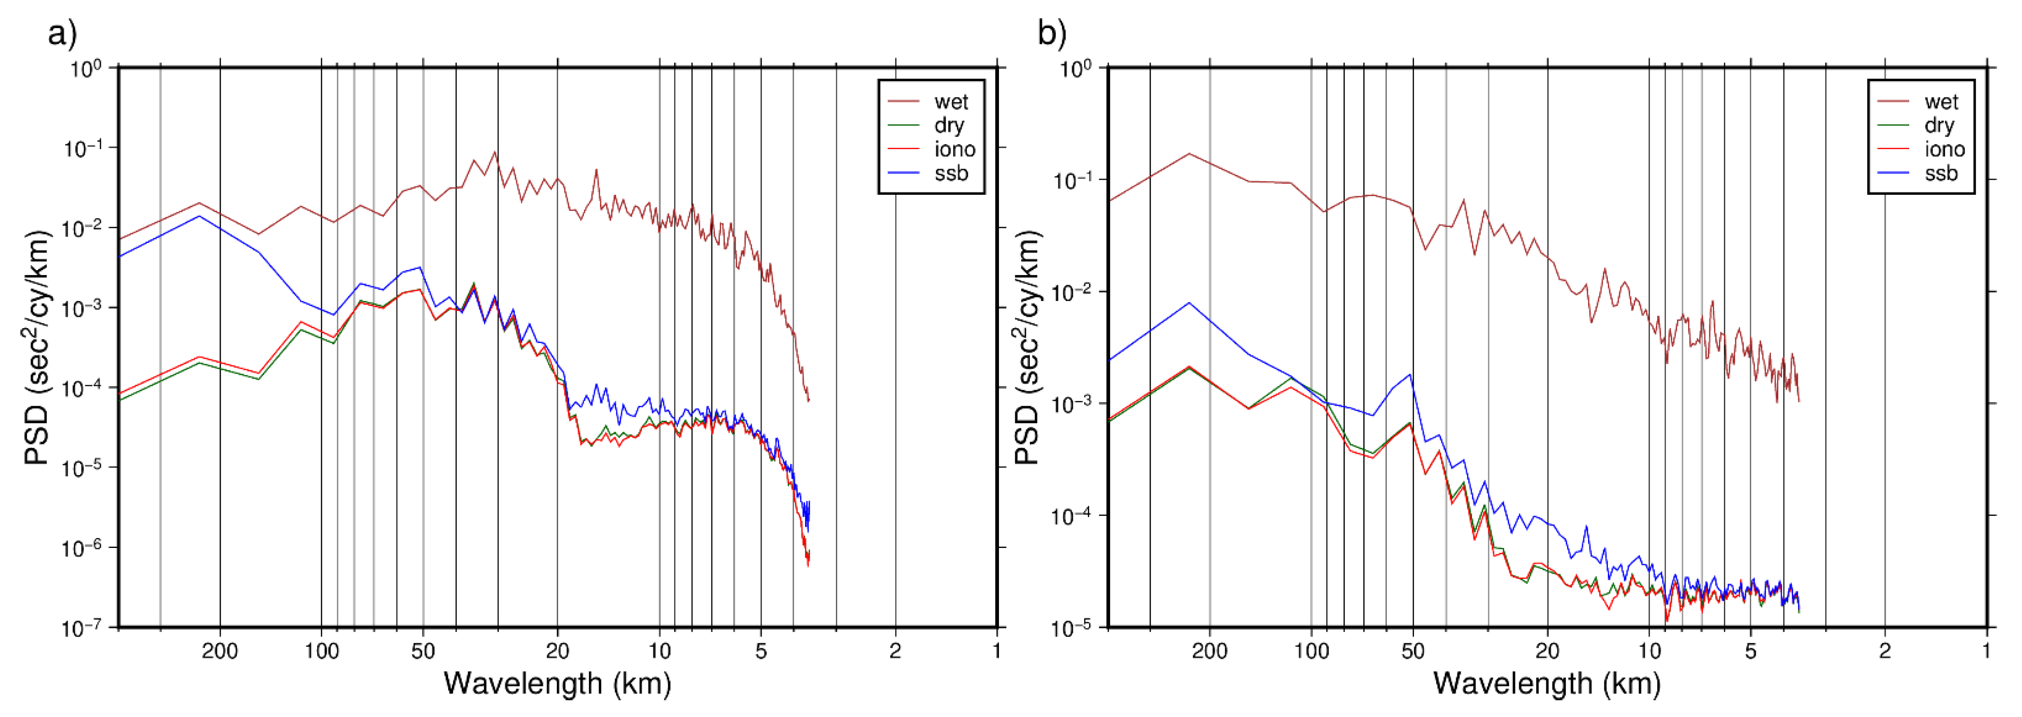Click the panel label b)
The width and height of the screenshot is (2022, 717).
[1052, 34]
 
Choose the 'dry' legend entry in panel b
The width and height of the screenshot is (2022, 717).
[1939, 125]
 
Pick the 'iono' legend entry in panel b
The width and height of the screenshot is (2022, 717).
[1944, 149]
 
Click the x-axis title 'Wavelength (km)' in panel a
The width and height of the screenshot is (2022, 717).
[557, 683]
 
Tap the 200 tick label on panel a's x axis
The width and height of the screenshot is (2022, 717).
[220, 651]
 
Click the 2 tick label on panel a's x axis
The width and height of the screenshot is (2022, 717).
[896, 651]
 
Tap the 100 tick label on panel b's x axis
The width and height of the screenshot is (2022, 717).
[1311, 651]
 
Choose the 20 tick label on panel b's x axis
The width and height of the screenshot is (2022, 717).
[1547, 651]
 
